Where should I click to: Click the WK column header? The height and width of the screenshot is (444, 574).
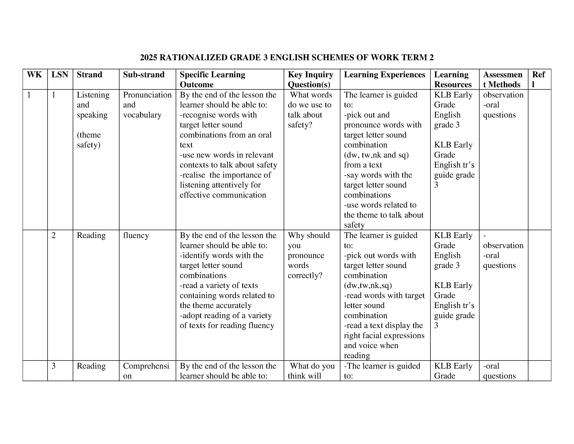tap(34, 75)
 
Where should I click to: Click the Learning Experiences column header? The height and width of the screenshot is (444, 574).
tap(385, 75)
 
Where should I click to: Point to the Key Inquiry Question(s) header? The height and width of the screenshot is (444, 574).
tap(310, 79)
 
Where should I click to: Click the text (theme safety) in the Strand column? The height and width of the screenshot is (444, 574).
tap(89, 140)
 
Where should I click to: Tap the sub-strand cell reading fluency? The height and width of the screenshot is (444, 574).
tap(136, 235)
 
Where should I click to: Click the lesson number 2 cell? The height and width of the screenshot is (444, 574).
tap(54, 235)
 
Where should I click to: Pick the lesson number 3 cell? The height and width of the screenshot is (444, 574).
tap(54, 366)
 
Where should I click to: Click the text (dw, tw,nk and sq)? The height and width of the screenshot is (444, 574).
tap(376, 155)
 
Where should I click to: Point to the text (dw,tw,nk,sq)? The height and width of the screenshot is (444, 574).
tap(368, 285)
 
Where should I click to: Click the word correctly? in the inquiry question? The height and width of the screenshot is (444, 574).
tap(305, 275)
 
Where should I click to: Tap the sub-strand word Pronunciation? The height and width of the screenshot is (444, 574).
tap(147, 95)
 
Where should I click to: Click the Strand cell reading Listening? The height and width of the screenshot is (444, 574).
tap(93, 95)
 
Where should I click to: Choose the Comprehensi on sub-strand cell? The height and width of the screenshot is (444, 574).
tap(146, 371)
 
